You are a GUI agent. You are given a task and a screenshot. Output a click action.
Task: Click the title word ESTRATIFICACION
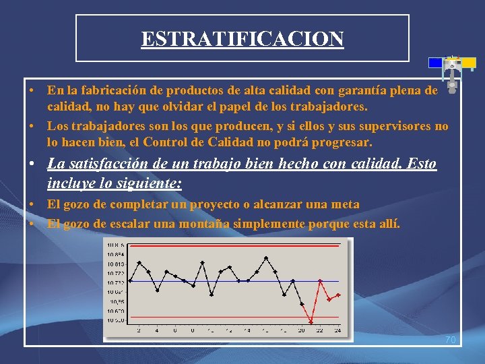pyautogui.click(x=243, y=38)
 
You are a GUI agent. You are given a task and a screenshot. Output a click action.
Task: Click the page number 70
pyautogui.click(x=450, y=340)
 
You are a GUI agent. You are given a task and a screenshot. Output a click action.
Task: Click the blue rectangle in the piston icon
pyautogui.click(x=436, y=63)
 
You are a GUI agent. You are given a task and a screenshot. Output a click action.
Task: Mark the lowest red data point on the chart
pyautogui.click(x=311, y=322)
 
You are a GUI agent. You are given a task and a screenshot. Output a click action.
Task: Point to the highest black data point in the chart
pyautogui.click(x=267, y=257)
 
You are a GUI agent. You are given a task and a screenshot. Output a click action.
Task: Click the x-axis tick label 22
pyautogui.click(x=319, y=330)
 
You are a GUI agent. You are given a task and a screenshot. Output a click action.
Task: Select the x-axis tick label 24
pyautogui.click(x=337, y=330)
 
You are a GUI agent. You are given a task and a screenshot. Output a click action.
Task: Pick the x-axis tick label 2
pyautogui.click(x=139, y=330)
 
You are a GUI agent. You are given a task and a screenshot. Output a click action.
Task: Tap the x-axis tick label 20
pyautogui.click(x=301, y=330)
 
